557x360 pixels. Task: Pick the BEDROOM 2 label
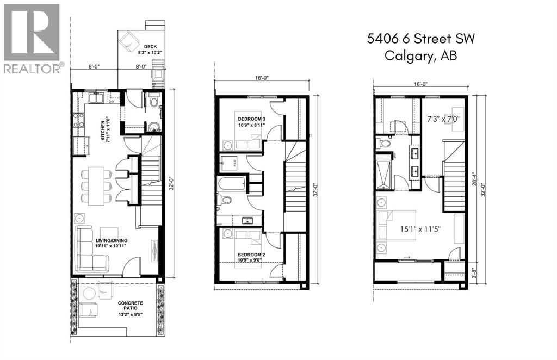coord(251,256)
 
